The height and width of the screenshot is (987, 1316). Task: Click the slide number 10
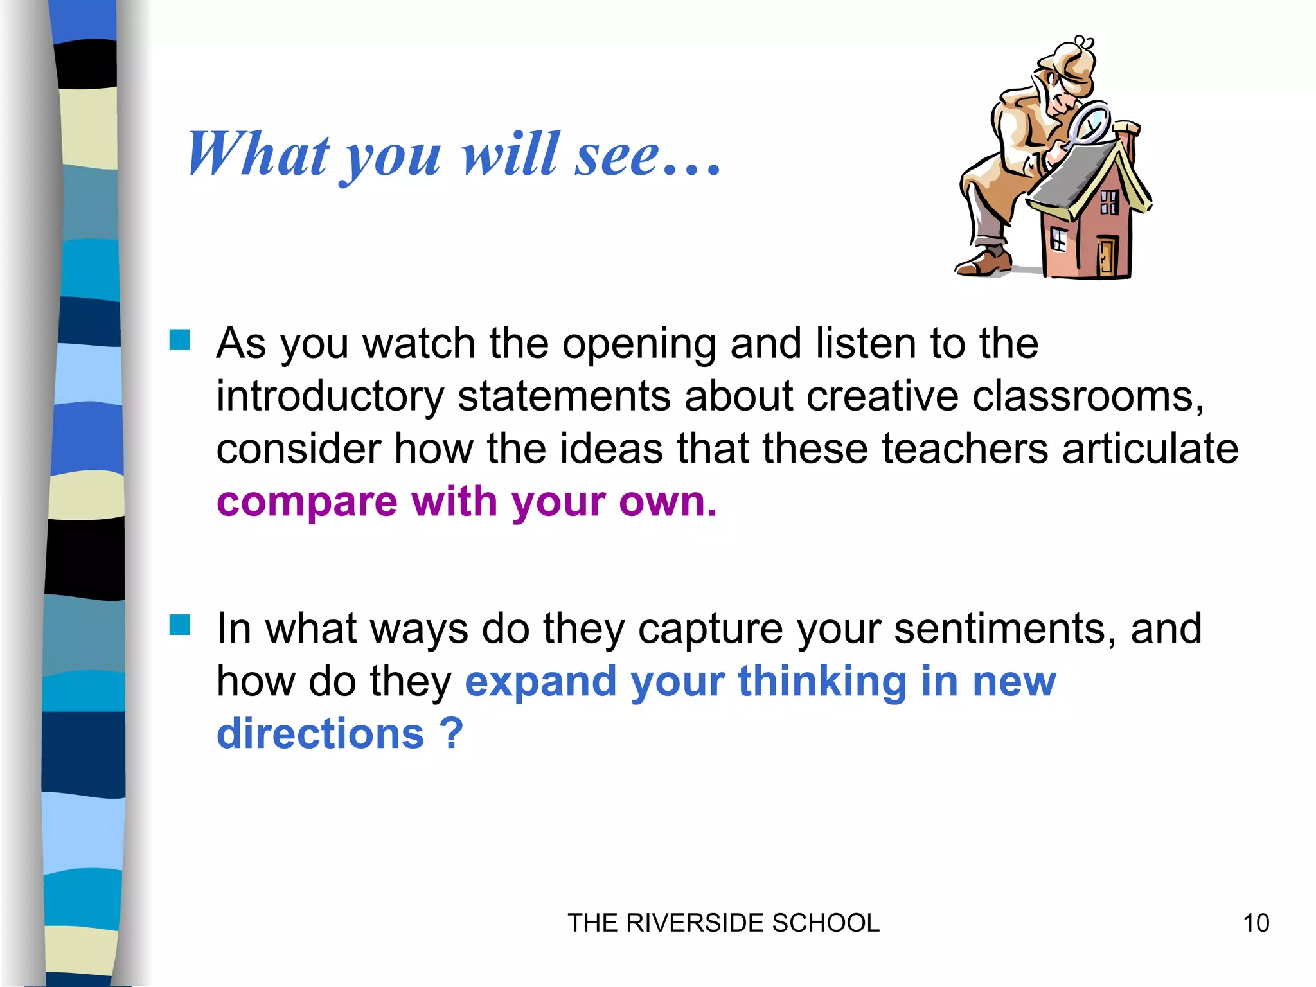[x=1256, y=923]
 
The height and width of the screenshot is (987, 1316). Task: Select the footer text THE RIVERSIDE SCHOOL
[x=723, y=923]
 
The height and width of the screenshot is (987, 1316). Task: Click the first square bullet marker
[x=180, y=340]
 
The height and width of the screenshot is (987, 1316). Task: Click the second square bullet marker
[x=180, y=625]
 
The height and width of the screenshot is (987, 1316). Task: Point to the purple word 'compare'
[x=307, y=502]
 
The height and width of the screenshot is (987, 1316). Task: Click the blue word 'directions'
[x=321, y=734]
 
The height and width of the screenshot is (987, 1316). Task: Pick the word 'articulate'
[x=1150, y=449]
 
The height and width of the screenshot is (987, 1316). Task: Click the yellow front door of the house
[x=1107, y=255]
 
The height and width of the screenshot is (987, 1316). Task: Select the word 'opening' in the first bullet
[x=639, y=344]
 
